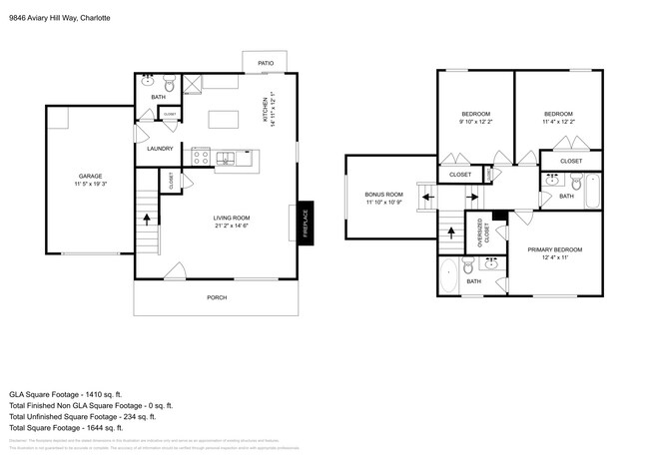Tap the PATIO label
(x=267, y=63)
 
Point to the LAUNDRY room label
(x=160, y=149)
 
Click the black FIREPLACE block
(x=307, y=223)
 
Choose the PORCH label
(x=216, y=297)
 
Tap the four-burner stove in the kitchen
(x=201, y=157)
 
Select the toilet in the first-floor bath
(x=169, y=82)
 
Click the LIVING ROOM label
(x=231, y=218)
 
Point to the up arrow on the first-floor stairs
(x=148, y=217)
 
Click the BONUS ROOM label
(x=383, y=194)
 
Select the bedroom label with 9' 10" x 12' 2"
(x=475, y=114)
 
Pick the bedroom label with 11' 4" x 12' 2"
(x=558, y=114)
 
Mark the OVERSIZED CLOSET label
(x=483, y=233)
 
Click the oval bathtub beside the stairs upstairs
(x=448, y=273)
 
